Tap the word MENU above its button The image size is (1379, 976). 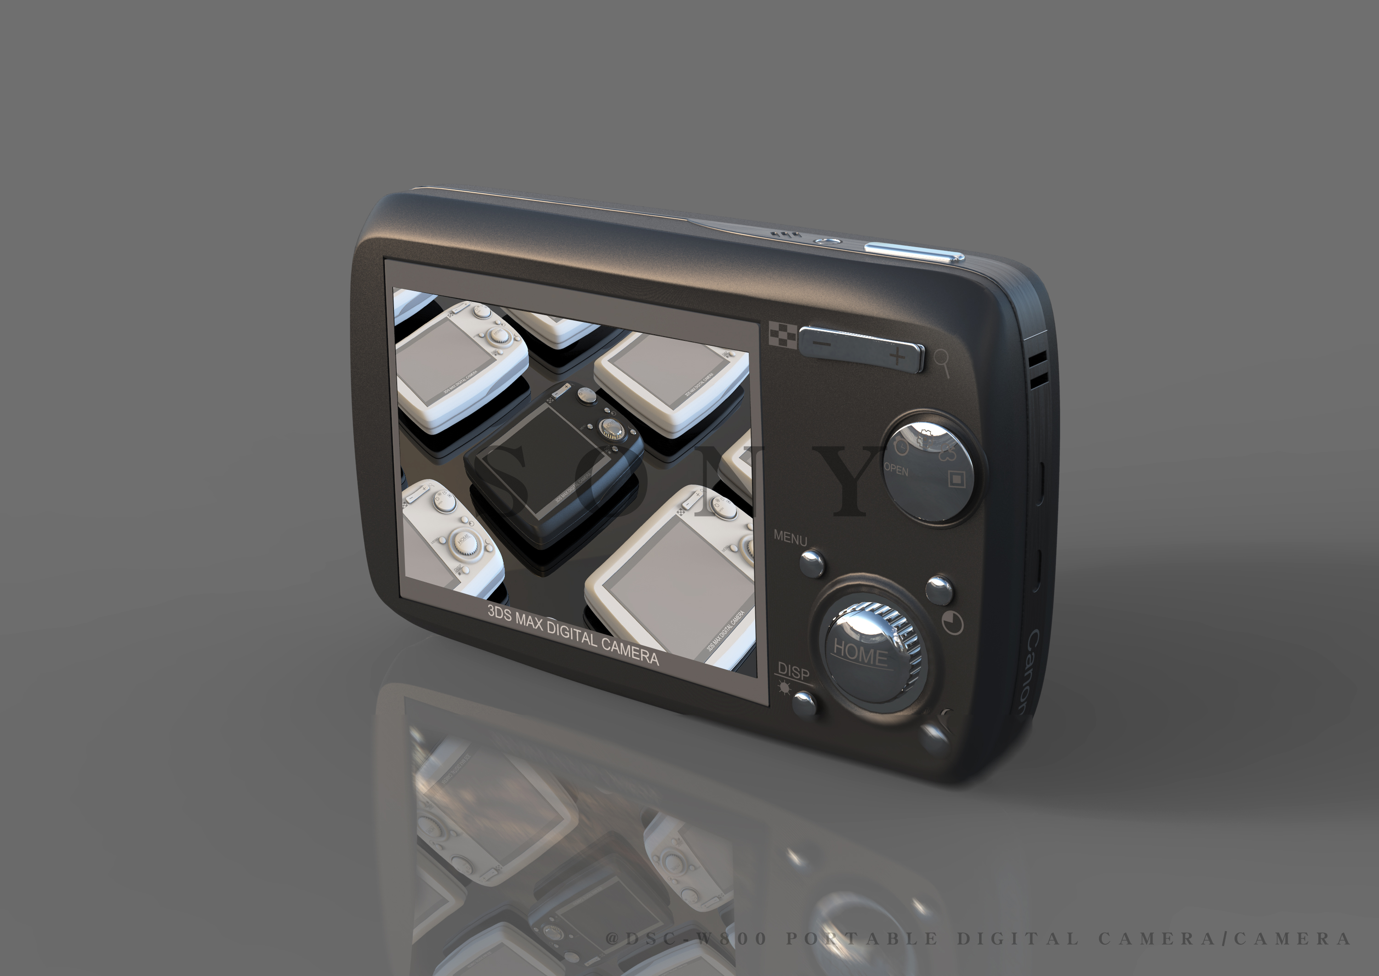click(790, 538)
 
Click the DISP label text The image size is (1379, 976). click(793, 672)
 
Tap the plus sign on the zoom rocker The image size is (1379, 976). click(897, 356)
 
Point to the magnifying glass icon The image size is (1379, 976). click(941, 362)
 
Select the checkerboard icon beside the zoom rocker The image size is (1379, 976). click(783, 335)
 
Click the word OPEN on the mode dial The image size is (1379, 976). click(895, 469)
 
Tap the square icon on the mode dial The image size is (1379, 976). click(956, 478)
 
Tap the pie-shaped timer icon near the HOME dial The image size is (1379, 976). click(952, 623)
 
